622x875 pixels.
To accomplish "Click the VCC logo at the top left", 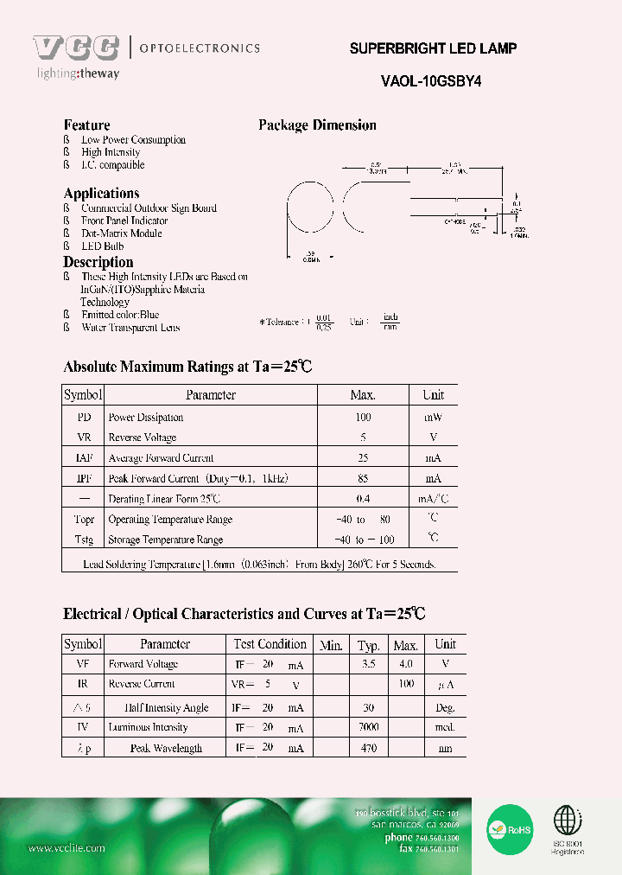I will [x=76, y=48].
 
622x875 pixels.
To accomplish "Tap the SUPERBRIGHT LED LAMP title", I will [x=433, y=48].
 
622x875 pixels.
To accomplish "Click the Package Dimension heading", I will [x=317, y=125].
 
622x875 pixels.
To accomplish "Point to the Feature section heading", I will [x=86, y=125].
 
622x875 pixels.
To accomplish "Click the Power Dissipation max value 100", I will [x=362, y=417].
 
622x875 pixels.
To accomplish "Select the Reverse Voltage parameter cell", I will [x=143, y=437].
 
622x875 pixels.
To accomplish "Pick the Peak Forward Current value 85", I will [x=362, y=478].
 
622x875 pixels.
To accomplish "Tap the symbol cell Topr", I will [x=84, y=519].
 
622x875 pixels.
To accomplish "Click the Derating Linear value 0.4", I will [x=362, y=499].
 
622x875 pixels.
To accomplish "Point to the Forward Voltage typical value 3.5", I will [x=369, y=664].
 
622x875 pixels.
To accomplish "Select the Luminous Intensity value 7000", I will [x=369, y=727].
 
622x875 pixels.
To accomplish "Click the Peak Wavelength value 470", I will [x=369, y=748].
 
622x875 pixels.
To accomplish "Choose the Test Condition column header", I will [x=270, y=644].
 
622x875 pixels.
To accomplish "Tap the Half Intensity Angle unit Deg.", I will [x=445, y=707].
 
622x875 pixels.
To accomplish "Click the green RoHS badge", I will [x=511, y=828].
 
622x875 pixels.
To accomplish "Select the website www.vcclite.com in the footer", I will [x=67, y=848].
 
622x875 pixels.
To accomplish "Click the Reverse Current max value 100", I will [x=406, y=685].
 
